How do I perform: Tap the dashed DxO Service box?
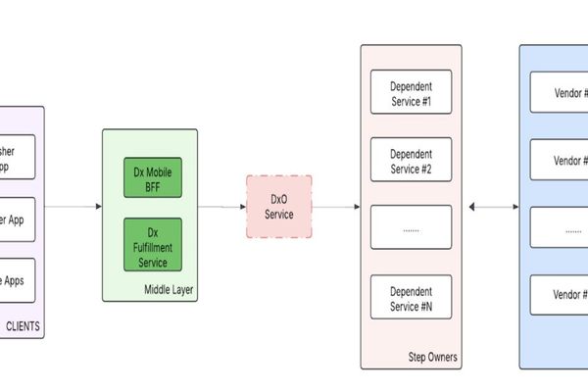[279, 207]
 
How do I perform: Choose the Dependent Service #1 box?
[411, 94]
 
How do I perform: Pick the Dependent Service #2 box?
[411, 161]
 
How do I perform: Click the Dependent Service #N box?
[411, 297]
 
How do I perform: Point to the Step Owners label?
[431, 357]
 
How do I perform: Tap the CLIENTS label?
[24, 327]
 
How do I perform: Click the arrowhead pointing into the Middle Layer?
[98, 207]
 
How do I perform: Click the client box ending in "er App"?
[18, 220]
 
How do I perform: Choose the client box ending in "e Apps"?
[18, 280]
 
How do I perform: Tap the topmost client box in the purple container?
[18, 157]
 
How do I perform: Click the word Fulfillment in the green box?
[152, 248]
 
